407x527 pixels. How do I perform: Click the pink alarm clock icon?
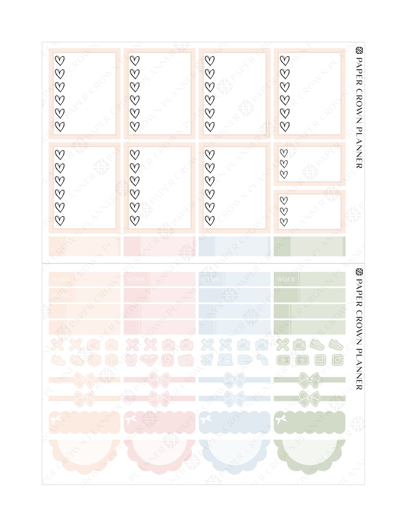[x=131, y=360]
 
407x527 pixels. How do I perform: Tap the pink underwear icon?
[x=150, y=360]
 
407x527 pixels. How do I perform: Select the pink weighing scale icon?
[x=168, y=360]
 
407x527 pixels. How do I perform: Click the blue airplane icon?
[x=207, y=360]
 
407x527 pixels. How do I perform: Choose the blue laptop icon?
[x=225, y=360]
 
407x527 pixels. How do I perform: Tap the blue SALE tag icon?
[x=244, y=360]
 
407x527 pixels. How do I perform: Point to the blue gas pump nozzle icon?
[x=263, y=360]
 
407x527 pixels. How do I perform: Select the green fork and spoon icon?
[x=283, y=344]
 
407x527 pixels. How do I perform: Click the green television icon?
[x=299, y=344]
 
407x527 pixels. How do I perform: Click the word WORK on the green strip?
[x=286, y=279]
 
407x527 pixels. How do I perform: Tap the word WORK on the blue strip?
[x=211, y=279]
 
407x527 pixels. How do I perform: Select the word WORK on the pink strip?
[x=136, y=279]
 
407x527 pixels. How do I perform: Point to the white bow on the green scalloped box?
[x=281, y=420]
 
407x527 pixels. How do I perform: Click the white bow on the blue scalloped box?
[x=206, y=420]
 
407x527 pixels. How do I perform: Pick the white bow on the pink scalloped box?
[x=131, y=420]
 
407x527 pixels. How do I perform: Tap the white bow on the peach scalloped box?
[x=55, y=420]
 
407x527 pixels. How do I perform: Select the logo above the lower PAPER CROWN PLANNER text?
[x=359, y=272]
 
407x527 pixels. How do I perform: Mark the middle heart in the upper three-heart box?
[x=284, y=164]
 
